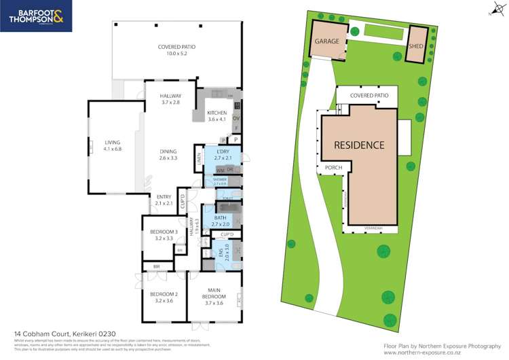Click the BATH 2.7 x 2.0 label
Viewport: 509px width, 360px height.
click(221, 220)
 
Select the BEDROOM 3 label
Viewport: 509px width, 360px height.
click(164, 235)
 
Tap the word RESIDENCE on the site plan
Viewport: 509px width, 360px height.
click(359, 145)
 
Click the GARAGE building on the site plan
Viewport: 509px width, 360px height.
click(326, 41)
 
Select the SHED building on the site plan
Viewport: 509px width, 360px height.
click(415, 46)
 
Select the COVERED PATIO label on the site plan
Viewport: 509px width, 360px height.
click(369, 96)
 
